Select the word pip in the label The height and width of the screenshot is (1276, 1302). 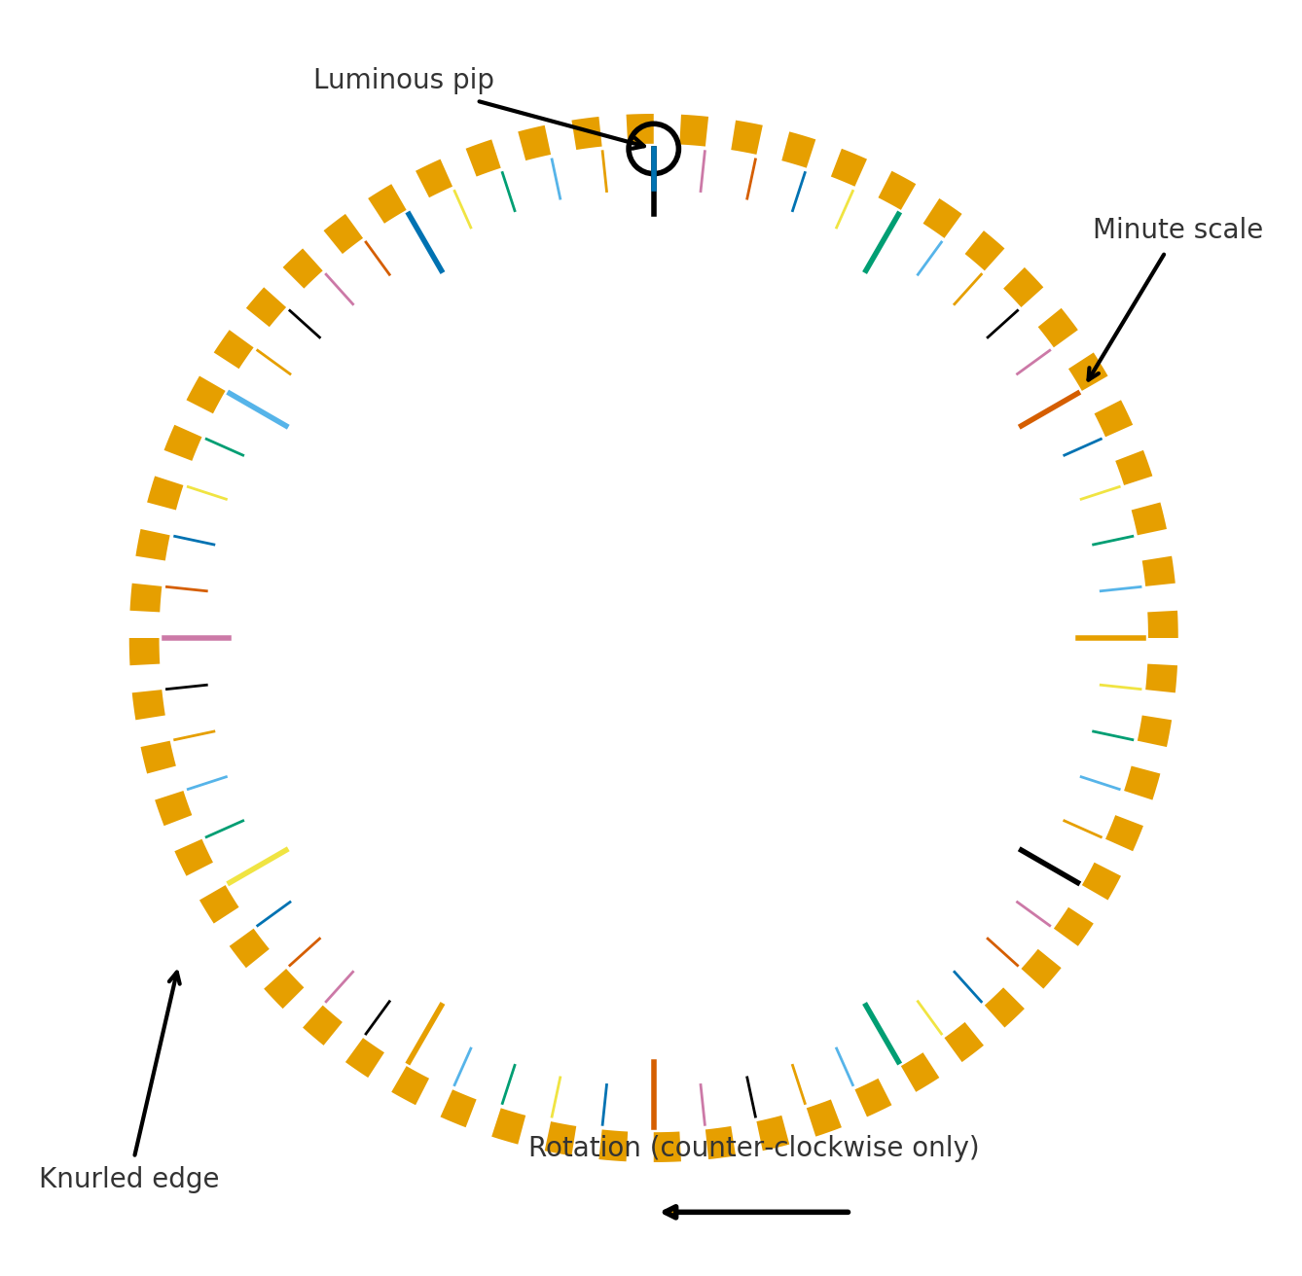pyautogui.click(x=472, y=81)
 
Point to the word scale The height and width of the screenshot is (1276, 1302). pyautogui.click(x=1229, y=230)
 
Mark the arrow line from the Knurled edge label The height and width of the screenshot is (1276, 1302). pyautogui.click(x=156, y=1065)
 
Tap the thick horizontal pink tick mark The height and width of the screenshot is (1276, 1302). pyautogui.click(x=197, y=638)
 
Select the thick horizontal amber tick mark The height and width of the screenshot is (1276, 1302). pyautogui.click(x=1110, y=638)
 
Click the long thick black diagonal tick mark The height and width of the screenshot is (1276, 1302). pyautogui.click(x=1049, y=867)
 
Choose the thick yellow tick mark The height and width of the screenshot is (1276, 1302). pyautogui.click(x=258, y=867)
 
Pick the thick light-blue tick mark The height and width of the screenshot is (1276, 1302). pyautogui.click(x=258, y=409)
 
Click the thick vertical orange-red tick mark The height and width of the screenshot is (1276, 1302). pyautogui.click(x=654, y=1094)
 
